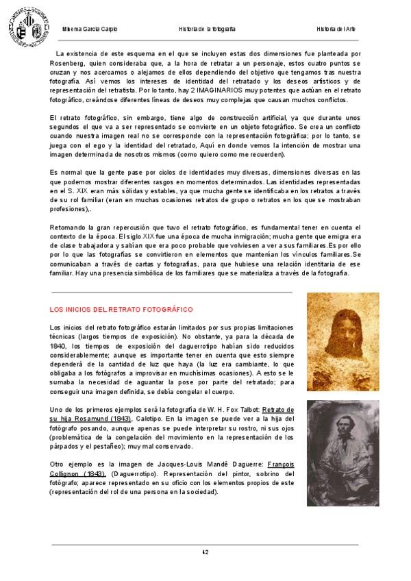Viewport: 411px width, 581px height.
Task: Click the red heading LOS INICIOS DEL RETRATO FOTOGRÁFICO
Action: (x=121, y=310)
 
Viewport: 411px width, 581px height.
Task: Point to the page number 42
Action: (x=205, y=552)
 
